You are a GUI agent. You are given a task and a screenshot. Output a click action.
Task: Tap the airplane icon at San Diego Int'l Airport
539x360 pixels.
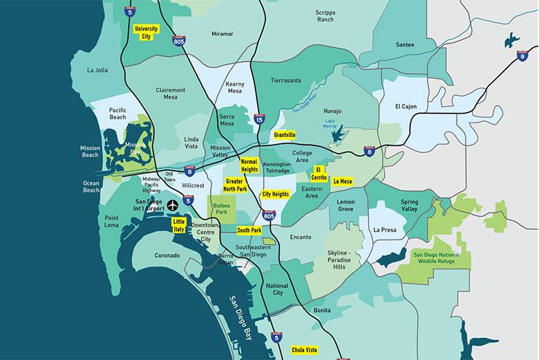point(172,205)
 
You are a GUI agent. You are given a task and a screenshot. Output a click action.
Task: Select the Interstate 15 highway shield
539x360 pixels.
point(259,120)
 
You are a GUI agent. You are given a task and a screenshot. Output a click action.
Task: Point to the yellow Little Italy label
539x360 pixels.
point(179,226)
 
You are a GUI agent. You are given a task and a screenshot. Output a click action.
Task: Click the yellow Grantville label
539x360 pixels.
point(284,135)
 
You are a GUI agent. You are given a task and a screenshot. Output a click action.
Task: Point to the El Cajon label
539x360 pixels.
point(407,106)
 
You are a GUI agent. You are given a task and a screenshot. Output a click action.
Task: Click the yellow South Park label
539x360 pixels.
point(250,230)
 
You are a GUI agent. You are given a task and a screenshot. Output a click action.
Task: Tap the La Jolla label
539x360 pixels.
point(98,70)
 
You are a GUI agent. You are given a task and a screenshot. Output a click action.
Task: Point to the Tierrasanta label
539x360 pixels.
point(286,80)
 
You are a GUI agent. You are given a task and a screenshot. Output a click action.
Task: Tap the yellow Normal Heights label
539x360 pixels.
point(250,164)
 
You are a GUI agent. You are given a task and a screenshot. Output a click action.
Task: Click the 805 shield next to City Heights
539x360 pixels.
point(269,217)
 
